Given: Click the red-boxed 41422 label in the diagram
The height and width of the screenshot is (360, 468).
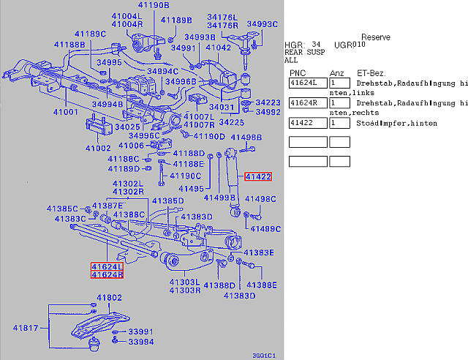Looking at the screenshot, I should (x=258, y=176).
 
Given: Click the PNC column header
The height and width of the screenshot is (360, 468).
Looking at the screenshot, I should (x=298, y=73).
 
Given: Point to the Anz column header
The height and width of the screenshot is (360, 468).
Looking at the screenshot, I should (x=336, y=73).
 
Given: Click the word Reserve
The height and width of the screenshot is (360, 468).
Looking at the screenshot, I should (x=375, y=37).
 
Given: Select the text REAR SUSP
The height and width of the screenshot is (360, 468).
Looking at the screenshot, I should (x=305, y=53).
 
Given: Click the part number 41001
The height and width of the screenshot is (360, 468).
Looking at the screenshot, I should (x=65, y=112).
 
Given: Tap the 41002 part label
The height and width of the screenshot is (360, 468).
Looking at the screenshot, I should (x=97, y=148).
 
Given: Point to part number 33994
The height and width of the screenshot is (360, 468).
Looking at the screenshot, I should (x=121, y=342).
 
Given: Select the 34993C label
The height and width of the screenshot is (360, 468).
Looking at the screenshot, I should (x=262, y=24).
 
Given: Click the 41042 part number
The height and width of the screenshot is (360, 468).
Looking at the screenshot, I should (x=218, y=48).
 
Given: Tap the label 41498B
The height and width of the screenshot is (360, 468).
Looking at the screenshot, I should (x=246, y=138).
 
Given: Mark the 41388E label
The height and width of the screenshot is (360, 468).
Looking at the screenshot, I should (x=262, y=284).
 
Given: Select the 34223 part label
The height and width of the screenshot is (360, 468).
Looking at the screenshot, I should (x=268, y=102).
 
